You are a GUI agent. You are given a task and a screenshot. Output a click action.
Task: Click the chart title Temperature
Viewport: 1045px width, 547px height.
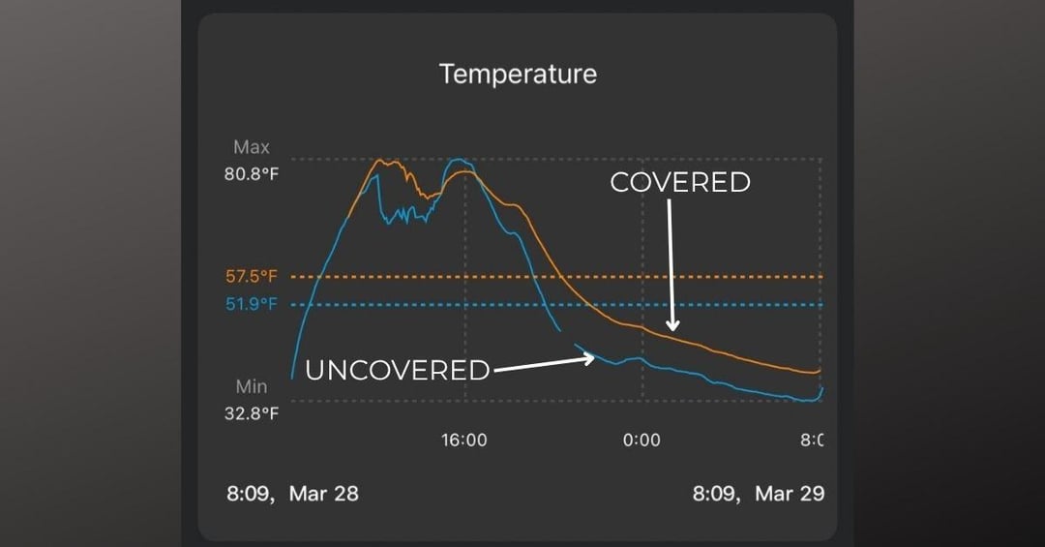click(x=518, y=74)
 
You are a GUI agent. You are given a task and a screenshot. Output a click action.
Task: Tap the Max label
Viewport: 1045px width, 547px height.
click(x=252, y=148)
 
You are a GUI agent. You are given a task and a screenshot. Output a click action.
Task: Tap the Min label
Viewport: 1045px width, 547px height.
click(x=252, y=386)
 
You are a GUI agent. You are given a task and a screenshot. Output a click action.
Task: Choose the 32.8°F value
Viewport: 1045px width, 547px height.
click(x=253, y=413)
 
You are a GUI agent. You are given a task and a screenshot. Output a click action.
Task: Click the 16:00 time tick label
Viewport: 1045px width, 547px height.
click(x=464, y=441)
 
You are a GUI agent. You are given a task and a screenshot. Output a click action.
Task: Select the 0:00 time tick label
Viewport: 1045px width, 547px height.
click(x=642, y=441)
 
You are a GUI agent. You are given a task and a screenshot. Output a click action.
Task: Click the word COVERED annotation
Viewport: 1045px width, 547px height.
click(x=680, y=182)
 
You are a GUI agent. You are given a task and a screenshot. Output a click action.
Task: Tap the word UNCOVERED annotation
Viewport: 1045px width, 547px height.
click(x=398, y=370)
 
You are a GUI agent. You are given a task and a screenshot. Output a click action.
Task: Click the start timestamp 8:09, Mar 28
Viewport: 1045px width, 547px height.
click(x=292, y=494)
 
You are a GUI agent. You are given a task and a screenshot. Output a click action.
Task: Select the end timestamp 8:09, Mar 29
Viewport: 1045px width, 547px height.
click(x=759, y=494)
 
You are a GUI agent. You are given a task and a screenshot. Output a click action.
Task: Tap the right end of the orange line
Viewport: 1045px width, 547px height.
click(x=820, y=370)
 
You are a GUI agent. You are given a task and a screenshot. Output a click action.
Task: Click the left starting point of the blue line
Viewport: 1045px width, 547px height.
click(x=292, y=377)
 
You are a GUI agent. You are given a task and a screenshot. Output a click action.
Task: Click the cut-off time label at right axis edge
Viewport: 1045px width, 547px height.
click(x=813, y=441)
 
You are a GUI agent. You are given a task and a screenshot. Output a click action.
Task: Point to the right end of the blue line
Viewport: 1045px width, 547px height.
click(x=821, y=387)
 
